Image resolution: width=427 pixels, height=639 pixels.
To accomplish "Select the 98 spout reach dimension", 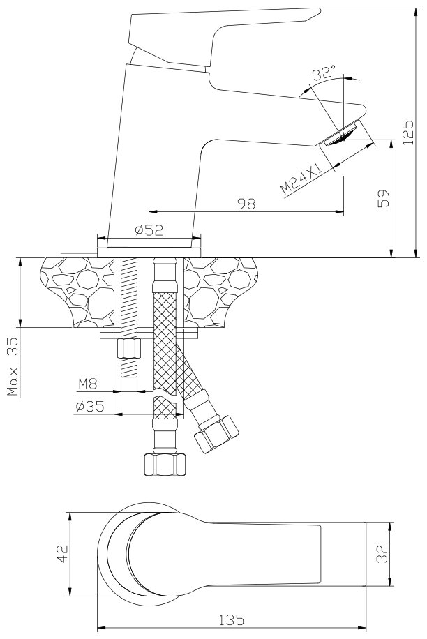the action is (246, 203).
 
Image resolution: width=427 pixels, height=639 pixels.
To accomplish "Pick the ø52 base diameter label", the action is (148, 231).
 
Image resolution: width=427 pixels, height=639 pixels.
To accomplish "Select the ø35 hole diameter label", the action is (90, 407).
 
